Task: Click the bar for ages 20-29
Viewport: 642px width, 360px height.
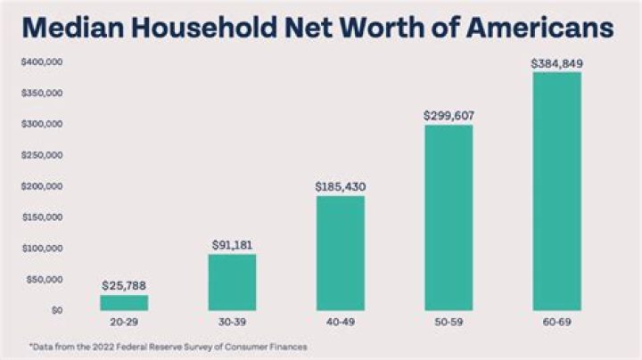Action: point(123,302)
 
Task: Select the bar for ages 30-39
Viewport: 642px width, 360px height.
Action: point(232,282)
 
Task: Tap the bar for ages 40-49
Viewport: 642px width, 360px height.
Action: point(340,253)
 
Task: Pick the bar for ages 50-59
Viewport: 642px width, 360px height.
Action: point(449,217)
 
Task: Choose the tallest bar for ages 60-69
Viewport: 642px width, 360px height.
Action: point(556,191)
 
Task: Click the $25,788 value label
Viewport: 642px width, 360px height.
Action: point(123,285)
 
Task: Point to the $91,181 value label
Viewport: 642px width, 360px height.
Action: point(232,244)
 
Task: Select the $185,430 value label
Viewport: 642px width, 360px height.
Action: point(340,187)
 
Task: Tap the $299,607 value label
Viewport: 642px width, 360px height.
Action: point(449,116)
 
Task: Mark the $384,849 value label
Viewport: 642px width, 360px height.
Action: point(556,63)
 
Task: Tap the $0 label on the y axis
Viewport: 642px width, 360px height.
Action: point(55,310)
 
